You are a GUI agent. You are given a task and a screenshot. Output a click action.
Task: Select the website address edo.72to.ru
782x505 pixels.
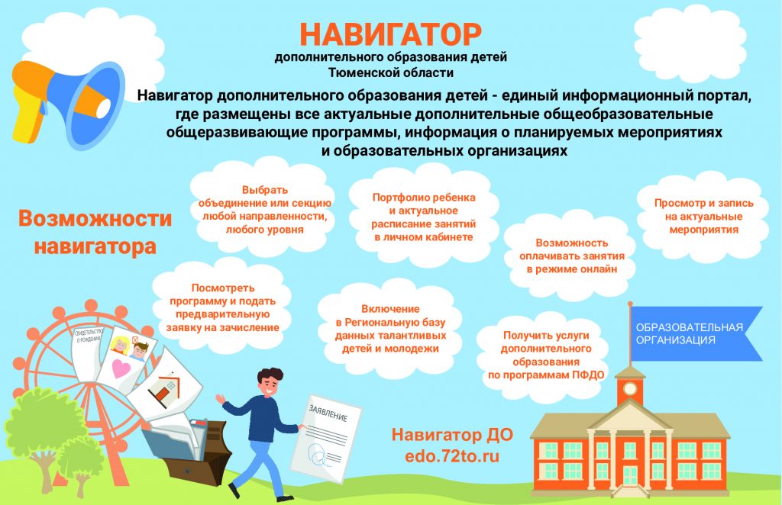coord(452,456)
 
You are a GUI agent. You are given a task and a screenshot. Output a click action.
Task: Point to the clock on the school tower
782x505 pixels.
coord(630,388)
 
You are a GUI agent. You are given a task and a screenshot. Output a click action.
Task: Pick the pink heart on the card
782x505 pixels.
coord(121,368)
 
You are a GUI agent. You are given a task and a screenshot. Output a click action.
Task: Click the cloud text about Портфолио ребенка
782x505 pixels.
coord(423,217)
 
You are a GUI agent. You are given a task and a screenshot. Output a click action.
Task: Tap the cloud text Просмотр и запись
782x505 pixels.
coord(703,216)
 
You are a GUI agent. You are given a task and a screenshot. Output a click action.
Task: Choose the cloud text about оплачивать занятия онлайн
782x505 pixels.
coord(571,256)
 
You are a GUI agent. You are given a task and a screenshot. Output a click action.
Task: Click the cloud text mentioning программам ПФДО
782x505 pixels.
coord(546,355)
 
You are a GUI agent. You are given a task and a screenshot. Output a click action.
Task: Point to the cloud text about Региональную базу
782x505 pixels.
coord(390,329)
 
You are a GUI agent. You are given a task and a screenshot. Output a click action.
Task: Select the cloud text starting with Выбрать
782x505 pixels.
coord(265,210)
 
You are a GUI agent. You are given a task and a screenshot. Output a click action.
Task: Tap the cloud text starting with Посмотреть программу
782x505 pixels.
coord(222,307)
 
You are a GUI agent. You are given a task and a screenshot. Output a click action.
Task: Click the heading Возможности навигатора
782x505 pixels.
coord(95,233)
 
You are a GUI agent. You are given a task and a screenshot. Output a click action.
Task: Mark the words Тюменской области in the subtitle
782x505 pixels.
coord(391,72)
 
